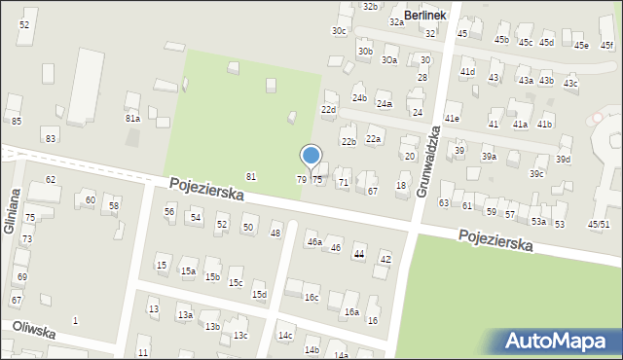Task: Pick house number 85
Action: [x=17, y=121]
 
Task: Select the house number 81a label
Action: [x=132, y=118]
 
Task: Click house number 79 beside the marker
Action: [x=302, y=180]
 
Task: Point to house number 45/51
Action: [x=599, y=224]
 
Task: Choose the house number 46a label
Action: [x=314, y=242]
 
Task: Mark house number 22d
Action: [x=328, y=110]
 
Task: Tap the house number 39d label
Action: [x=563, y=159]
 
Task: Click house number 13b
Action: [x=212, y=326]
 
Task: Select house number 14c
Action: [x=284, y=336]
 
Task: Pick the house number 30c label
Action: [x=338, y=31]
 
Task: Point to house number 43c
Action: [x=569, y=83]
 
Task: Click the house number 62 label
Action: [x=51, y=180]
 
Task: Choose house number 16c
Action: [x=311, y=298]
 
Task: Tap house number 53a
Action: [x=537, y=222]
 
